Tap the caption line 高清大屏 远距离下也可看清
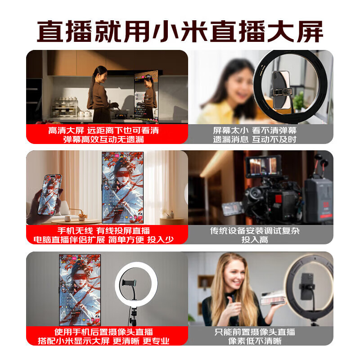click(x=103, y=130)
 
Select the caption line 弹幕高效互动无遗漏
click(x=103, y=139)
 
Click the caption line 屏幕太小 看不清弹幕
click(x=255, y=130)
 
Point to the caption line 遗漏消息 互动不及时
click(x=255, y=139)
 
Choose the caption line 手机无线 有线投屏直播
click(x=103, y=231)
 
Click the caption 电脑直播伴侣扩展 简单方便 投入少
click(x=103, y=240)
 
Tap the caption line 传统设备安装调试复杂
click(x=255, y=231)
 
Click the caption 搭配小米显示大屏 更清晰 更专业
click(x=103, y=341)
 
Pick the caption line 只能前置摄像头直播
click(x=255, y=332)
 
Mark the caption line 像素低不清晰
click(x=255, y=341)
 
